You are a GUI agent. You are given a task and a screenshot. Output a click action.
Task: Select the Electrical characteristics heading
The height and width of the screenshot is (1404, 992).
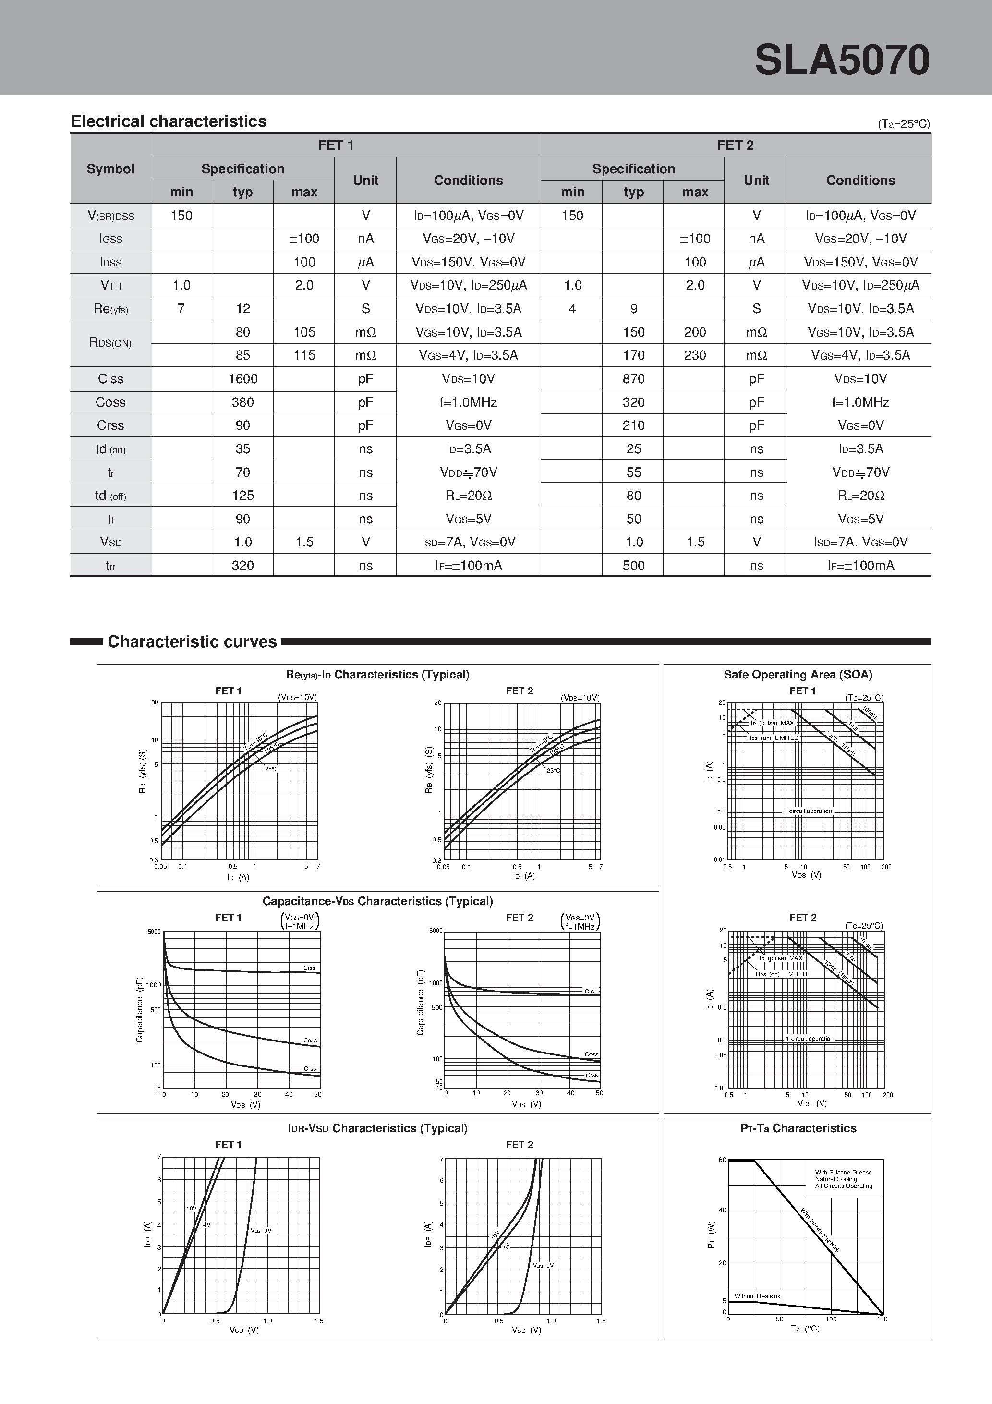point(169,121)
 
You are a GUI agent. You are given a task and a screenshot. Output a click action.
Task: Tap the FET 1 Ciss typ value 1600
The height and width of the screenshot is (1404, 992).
point(243,378)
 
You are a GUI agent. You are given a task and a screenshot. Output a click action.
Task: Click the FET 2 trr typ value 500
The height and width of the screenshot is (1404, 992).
point(634,566)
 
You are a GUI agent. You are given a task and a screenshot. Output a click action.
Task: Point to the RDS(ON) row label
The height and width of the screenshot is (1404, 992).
point(111,343)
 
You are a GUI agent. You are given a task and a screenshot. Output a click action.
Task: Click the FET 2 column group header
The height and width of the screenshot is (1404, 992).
point(735,145)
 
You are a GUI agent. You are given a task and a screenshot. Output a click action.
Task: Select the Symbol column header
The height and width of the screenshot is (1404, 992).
point(111,169)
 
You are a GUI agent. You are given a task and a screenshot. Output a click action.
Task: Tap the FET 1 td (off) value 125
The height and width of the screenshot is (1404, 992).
point(243,496)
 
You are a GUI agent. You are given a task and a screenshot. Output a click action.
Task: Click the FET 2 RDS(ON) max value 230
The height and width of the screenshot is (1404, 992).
point(695,355)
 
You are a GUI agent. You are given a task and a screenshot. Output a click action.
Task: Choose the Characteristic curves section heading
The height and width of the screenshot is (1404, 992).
point(192,642)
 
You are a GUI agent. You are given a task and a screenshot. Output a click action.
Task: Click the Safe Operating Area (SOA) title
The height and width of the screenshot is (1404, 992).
point(798,675)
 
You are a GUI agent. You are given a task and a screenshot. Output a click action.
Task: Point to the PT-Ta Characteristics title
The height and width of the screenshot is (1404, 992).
point(798,1128)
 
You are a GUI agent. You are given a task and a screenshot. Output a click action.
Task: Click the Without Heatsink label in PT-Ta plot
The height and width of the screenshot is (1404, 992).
point(757,1296)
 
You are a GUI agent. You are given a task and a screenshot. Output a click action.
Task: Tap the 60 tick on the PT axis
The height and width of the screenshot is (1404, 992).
point(722,1160)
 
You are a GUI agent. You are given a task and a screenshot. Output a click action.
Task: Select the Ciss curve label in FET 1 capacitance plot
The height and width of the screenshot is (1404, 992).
point(309,968)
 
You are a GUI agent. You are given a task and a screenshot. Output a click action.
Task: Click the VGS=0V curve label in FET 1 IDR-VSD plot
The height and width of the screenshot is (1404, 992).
point(261,1230)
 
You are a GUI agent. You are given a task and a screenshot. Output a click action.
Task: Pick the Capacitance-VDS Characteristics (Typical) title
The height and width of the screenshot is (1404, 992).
point(377,901)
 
